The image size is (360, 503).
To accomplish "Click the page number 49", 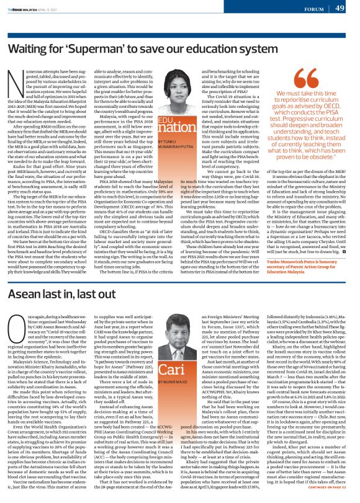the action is coord(340,8).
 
